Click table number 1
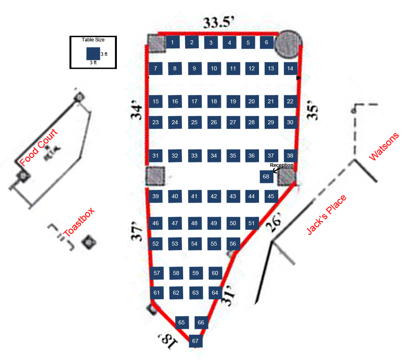(172, 42)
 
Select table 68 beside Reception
(266, 176)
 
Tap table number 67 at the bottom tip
(196, 341)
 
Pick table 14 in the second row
(290, 68)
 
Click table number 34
(214, 156)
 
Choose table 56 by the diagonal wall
(233, 244)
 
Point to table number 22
(290, 101)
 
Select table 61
(157, 293)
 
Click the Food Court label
(39, 148)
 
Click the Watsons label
(384, 147)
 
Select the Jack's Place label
(326, 215)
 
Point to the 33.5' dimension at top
(218, 23)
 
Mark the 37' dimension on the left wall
(137, 233)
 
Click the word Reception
(281, 165)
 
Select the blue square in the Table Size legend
(93, 53)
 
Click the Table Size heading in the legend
(93, 40)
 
